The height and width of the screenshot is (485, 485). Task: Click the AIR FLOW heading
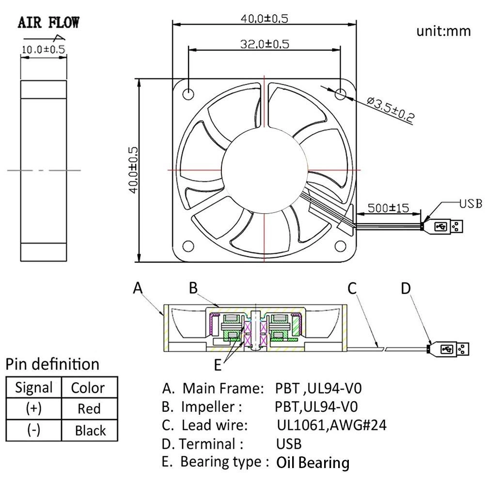48,22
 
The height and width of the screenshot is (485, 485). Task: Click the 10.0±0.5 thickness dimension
43,49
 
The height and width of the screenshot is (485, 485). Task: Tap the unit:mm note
443,31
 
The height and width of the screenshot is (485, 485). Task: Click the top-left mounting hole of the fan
188,93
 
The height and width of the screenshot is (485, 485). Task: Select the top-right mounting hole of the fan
341,93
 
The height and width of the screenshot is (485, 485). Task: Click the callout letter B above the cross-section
193,288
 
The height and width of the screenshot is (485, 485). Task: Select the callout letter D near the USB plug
406,288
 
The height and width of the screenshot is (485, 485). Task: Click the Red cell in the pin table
89,408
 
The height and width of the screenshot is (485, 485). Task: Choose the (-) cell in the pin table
33,430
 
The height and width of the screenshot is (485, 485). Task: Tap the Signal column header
33,388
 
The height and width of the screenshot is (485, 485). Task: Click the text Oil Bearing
313,463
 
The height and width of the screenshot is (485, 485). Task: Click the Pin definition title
52,364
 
